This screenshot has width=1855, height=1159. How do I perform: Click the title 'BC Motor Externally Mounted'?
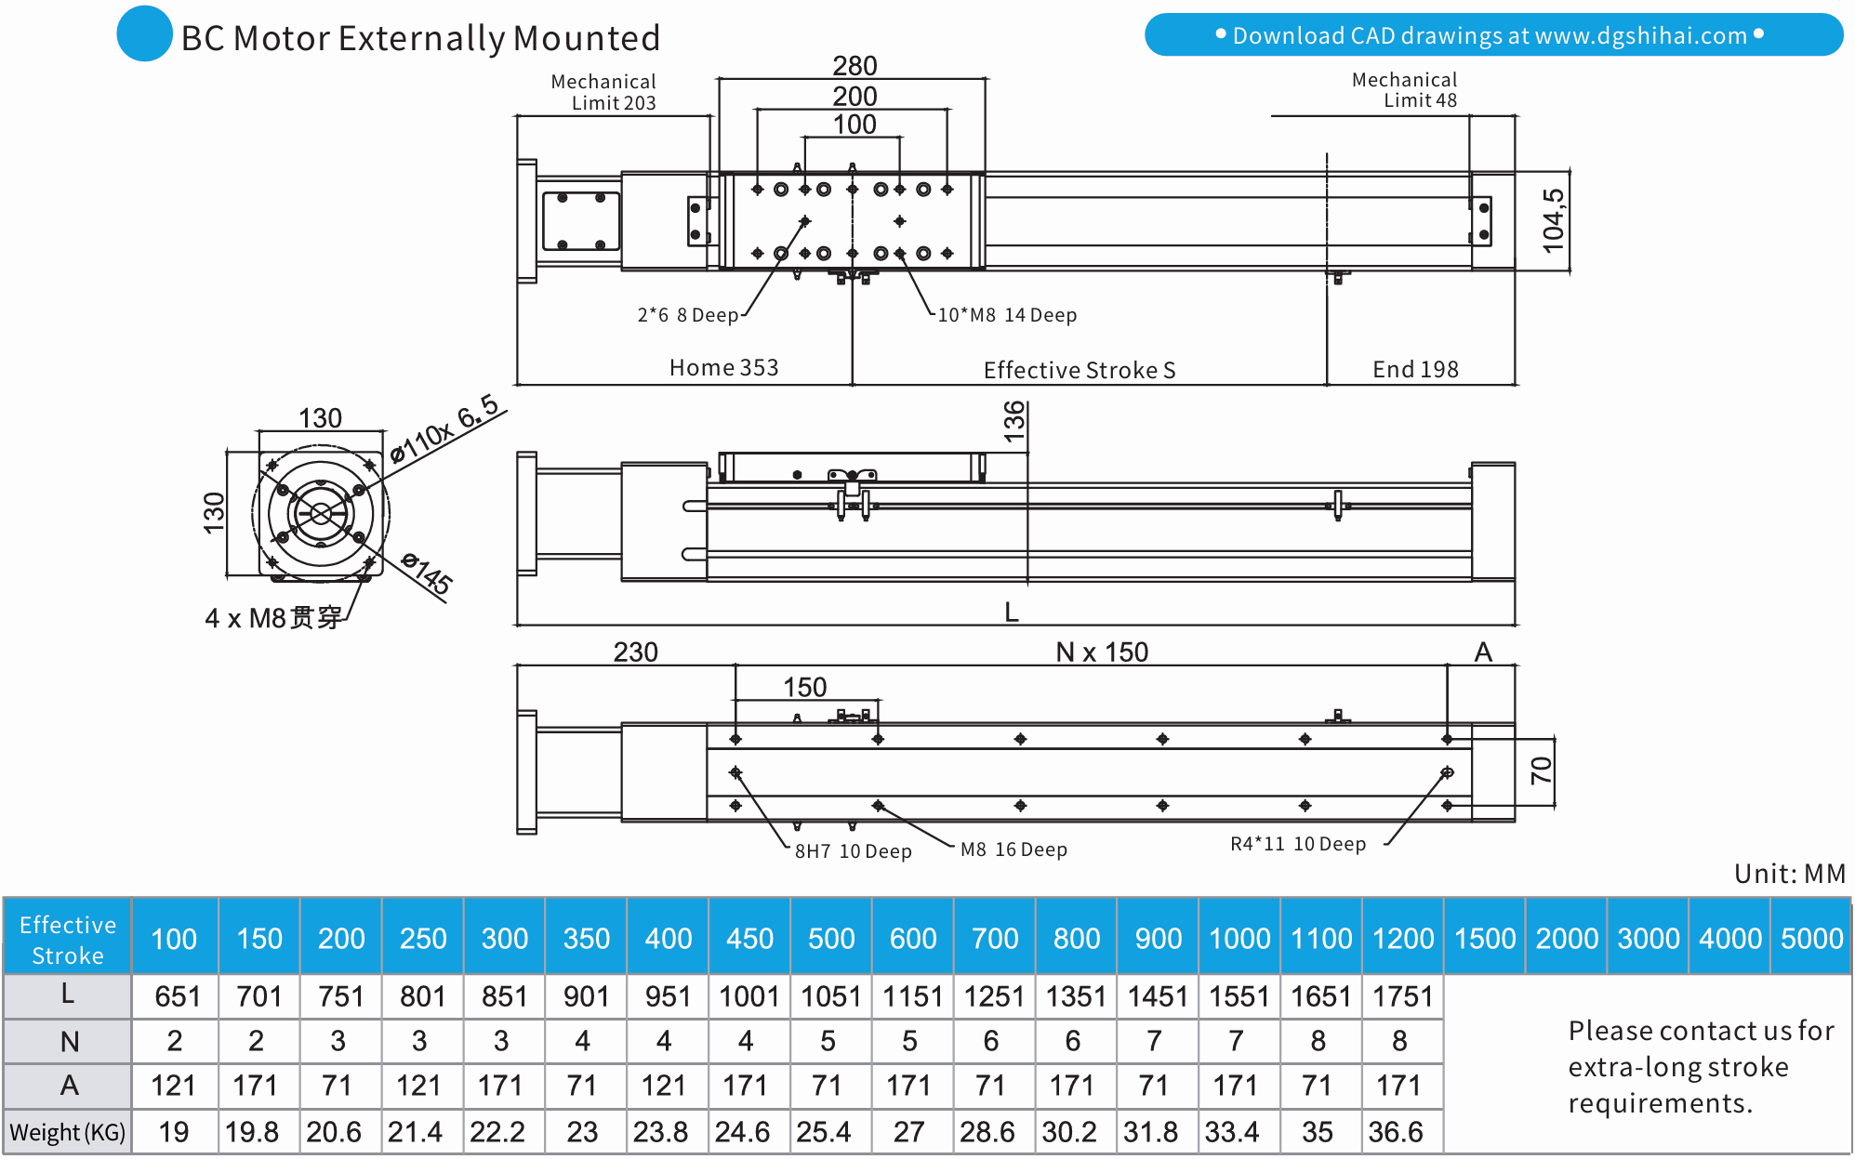[420, 38]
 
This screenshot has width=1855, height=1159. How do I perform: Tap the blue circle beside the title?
[144, 34]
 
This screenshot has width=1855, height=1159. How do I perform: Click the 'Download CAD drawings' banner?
[1492, 35]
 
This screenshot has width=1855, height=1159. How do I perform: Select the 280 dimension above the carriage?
[855, 66]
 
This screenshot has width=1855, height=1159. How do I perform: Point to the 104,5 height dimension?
[1553, 220]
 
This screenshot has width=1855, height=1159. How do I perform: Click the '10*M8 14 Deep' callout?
[1006, 315]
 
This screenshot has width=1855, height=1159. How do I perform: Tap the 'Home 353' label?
[723, 368]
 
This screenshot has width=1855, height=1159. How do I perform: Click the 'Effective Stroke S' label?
[1079, 370]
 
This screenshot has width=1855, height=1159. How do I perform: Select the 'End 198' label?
[1415, 370]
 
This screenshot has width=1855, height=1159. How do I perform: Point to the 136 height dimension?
[1014, 420]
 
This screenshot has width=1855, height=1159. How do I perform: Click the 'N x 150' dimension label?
[1102, 652]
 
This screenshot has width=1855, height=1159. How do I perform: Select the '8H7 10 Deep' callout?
[853, 851]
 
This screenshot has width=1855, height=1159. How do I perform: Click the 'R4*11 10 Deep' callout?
[1298, 844]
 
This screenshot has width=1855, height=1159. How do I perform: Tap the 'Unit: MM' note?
[1789, 874]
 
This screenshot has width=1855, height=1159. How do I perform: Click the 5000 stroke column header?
[1811, 938]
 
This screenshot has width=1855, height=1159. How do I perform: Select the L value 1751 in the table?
[1402, 996]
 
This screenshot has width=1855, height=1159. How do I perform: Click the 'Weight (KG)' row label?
[67, 1132]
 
